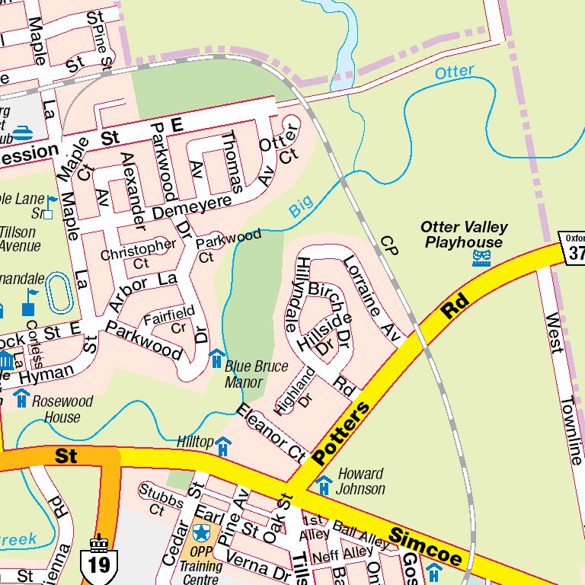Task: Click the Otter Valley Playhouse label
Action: [464, 235]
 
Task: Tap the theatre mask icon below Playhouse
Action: [481, 259]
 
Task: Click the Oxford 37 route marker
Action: [573, 247]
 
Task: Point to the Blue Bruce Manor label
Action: [256, 373]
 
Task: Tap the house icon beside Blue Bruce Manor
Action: [216, 357]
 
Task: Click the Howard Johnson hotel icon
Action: [324, 483]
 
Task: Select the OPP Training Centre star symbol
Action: [201, 532]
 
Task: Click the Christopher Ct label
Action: [138, 254]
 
